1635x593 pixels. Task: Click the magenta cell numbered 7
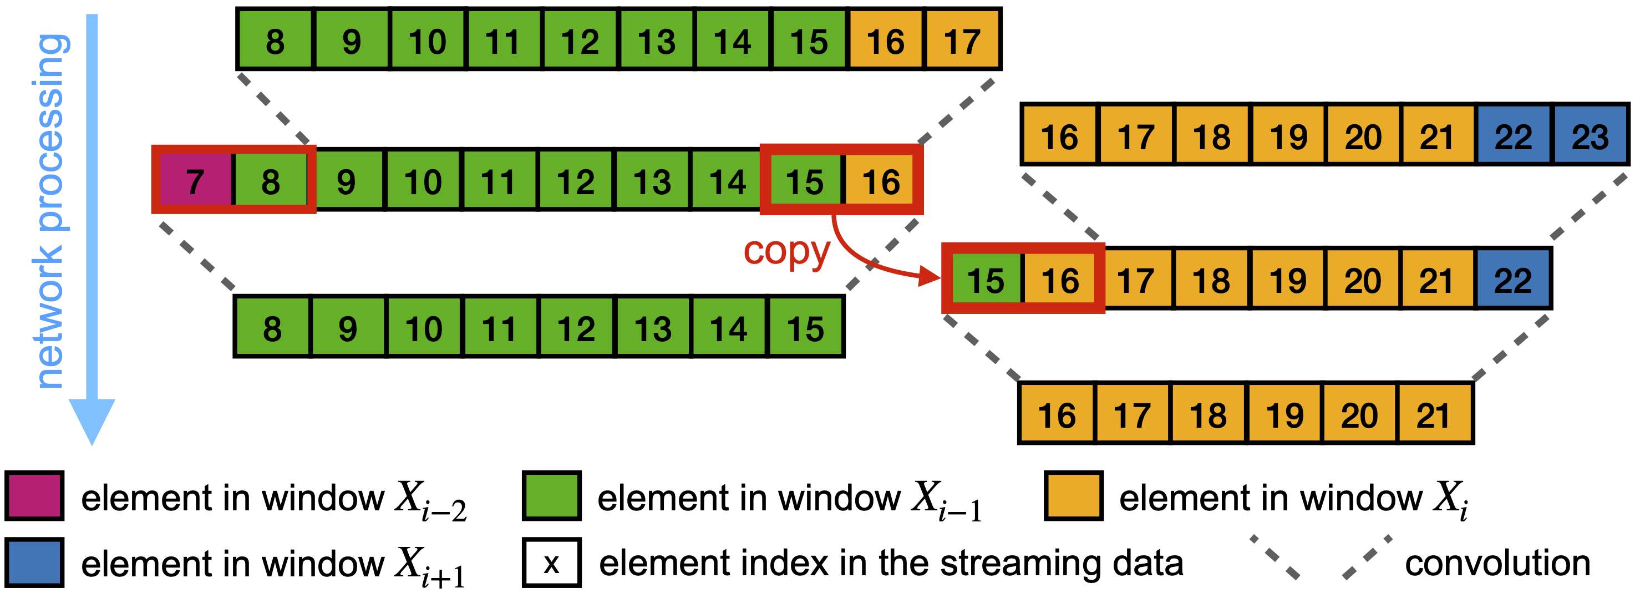click(x=195, y=181)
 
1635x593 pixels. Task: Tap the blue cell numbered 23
click(x=1591, y=136)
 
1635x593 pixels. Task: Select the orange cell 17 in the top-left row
click(x=962, y=41)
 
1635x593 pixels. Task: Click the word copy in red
click(x=786, y=251)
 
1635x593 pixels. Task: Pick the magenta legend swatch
click(x=34, y=496)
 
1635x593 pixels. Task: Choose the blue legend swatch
click(x=34, y=562)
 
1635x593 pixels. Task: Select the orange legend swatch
click(x=1073, y=496)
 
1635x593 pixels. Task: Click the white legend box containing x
click(x=551, y=562)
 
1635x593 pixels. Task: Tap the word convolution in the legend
click(x=1497, y=563)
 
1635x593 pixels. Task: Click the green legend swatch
click(x=551, y=496)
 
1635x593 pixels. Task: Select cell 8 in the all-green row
click(x=272, y=328)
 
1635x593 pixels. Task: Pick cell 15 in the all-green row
click(x=805, y=328)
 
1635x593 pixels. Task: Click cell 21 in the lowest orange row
click(x=1434, y=414)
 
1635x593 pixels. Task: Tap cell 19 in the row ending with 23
click(x=1288, y=136)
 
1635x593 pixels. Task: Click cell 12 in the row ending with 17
click(x=580, y=41)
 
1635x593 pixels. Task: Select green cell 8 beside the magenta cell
click(x=271, y=181)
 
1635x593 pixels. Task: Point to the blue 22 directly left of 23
click(x=1514, y=136)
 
